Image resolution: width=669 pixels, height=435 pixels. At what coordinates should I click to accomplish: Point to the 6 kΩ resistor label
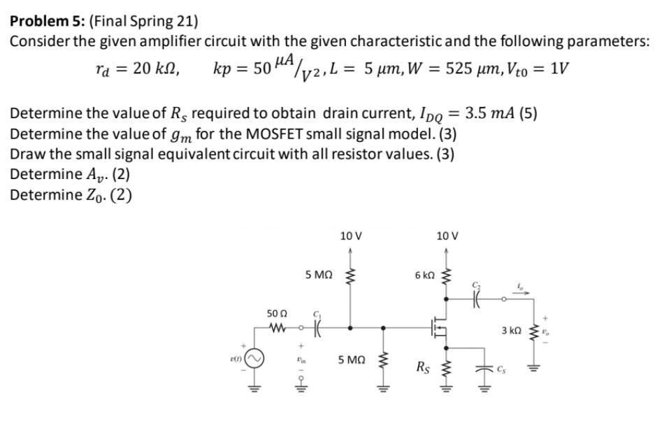tap(424, 276)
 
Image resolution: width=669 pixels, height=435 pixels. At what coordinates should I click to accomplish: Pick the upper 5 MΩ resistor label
tap(319, 276)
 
